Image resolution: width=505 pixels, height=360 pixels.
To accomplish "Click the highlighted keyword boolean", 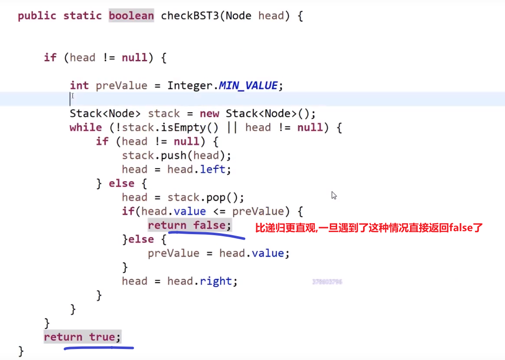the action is point(131,15).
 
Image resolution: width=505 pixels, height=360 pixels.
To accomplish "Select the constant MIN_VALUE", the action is point(248,85).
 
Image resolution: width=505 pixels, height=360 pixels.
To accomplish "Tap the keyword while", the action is point(85,127).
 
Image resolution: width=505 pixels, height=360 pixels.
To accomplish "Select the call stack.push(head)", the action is point(176,155).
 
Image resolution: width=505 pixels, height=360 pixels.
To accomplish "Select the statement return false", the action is point(189,225).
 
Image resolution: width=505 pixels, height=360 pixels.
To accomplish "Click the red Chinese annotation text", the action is point(369,228).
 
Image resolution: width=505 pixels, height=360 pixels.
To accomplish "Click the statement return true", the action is point(82,337).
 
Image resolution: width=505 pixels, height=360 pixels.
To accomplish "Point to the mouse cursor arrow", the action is point(334,195).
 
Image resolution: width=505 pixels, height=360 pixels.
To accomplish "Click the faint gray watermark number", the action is point(327,282).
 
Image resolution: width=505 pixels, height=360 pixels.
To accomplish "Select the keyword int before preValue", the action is point(79,85).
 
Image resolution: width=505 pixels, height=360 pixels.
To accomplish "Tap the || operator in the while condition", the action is point(232,127).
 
